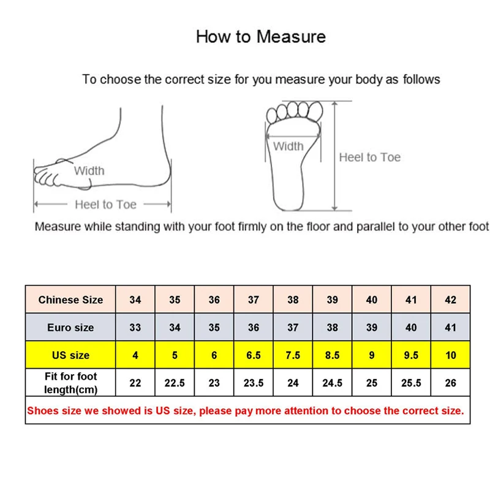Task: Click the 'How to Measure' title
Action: click(260, 36)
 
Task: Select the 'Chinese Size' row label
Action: click(70, 300)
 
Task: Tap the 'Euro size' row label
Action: click(70, 328)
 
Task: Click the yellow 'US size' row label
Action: click(70, 355)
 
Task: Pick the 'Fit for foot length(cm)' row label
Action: click(70, 383)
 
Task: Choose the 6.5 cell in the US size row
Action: click(254, 355)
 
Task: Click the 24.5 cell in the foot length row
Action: click(332, 383)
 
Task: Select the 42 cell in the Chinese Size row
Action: click(451, 300)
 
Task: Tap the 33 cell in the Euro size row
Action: click(135, 328)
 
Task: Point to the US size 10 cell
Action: click(451, 355)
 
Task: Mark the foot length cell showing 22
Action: click(135, 383)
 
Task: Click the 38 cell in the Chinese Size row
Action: click(293, 300)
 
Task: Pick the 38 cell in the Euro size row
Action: click(332, 328)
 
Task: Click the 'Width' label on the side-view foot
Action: click(89, 171)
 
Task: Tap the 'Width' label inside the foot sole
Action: click(288, 146)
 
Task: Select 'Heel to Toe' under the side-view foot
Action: click(105, 205)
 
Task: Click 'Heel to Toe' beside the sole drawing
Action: click(369, 157)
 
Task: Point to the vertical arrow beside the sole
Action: click(334, 156)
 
